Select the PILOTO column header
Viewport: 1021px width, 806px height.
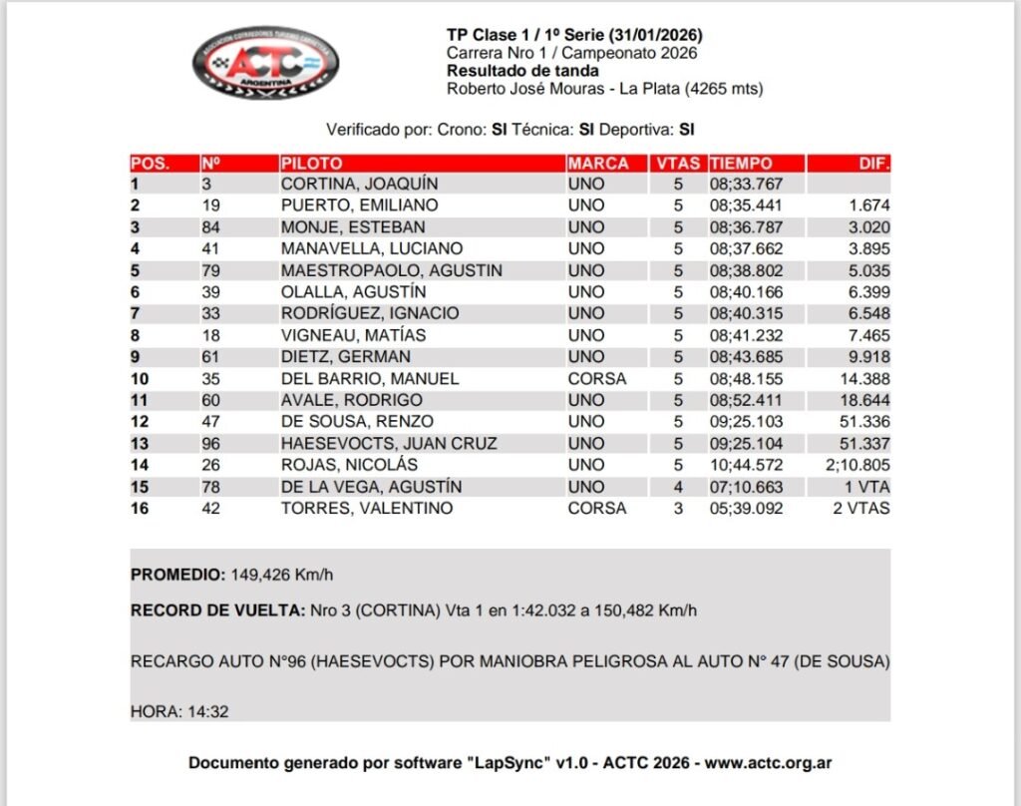coord(311,164)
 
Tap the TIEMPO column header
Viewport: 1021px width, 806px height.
coord(740,164)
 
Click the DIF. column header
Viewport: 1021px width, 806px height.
coord(873,164)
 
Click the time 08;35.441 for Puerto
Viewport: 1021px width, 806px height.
coord(745,205)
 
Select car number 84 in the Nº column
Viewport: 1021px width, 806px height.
coord(210,227)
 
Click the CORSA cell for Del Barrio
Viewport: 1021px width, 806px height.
coord(596,379)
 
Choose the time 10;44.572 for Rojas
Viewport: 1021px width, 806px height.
coord(745,465)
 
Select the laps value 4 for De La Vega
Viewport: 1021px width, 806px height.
coord(678,487)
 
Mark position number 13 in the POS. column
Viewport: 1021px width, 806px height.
coord(141,444)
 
